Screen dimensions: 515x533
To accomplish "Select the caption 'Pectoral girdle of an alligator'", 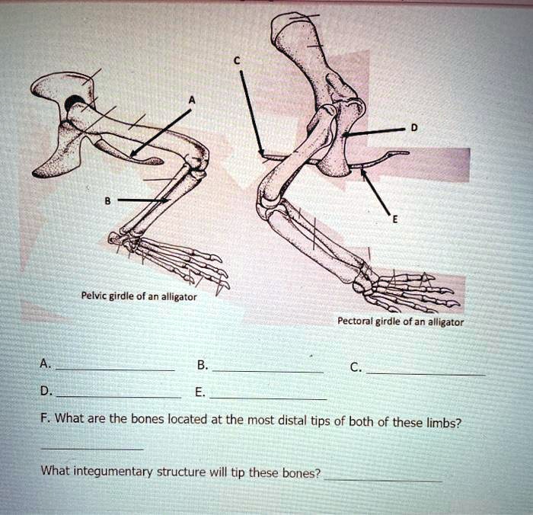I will pos(400,321).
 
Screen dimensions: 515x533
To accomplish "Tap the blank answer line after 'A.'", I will pos(115,369).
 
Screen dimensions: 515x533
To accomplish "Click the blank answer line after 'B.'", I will pos(267,370).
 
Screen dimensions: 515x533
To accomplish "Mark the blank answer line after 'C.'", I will pos(424,373).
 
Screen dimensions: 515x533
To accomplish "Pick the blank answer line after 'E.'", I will pos(268,398).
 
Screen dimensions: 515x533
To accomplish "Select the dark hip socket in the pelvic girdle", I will pos(76,104).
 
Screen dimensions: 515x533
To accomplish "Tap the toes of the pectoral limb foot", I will pos(430,293).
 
